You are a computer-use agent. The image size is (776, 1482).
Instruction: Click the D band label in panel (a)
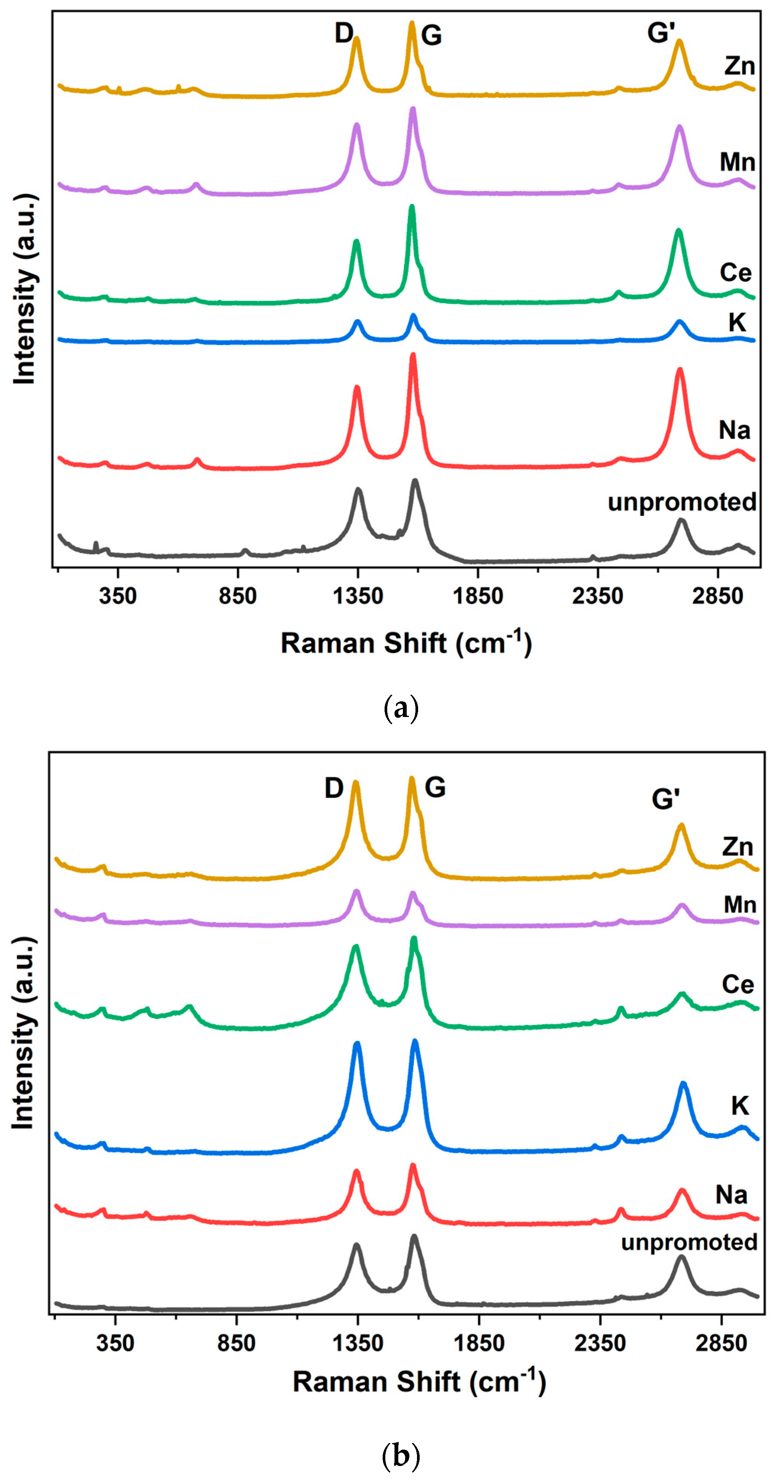click(x=344, y=34)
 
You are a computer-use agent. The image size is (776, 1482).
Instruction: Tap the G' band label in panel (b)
click(x=665, y=799)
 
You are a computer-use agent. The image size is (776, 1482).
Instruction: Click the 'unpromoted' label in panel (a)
click(x=682, y=502)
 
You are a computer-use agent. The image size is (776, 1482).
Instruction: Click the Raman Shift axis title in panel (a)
click(x=406, y=643)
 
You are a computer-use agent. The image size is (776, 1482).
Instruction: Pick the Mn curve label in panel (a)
click(x=737, y=162)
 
